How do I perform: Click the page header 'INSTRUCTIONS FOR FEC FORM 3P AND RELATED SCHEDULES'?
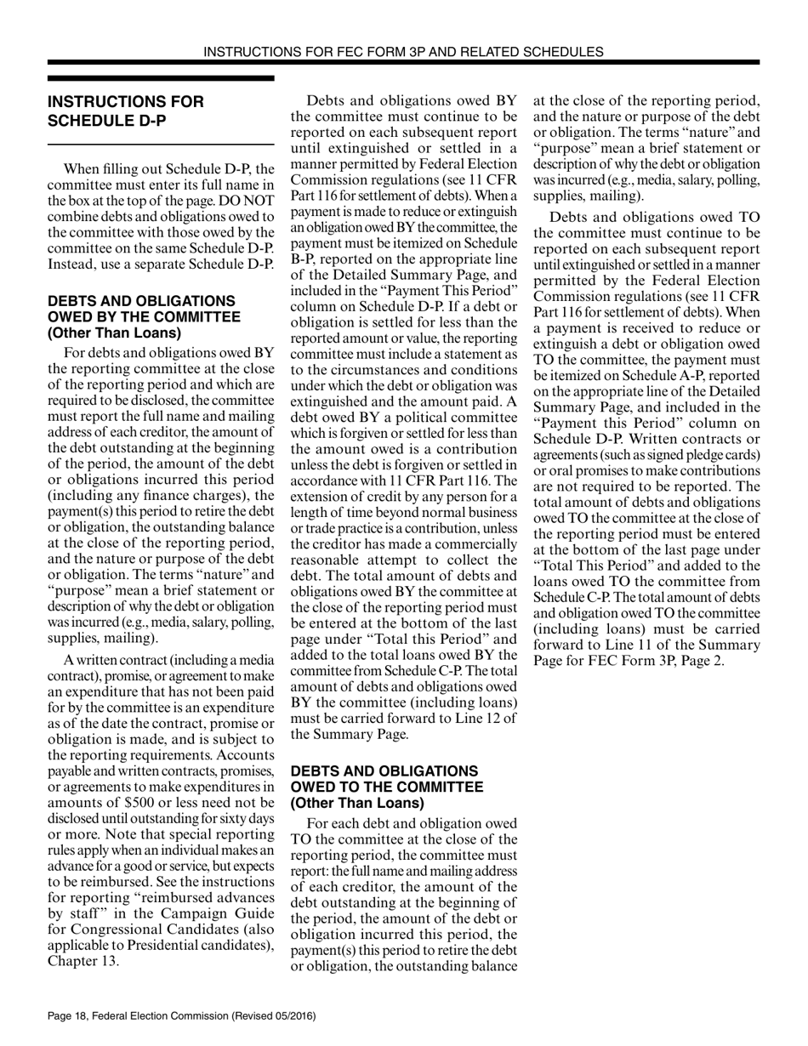[404, 52]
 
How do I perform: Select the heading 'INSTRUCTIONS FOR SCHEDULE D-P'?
[126, 111]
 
